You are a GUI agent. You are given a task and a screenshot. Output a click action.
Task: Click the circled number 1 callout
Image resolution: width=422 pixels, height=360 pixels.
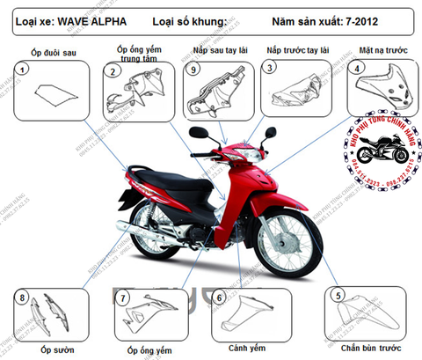pyautogui.click(x=19, y=68)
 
